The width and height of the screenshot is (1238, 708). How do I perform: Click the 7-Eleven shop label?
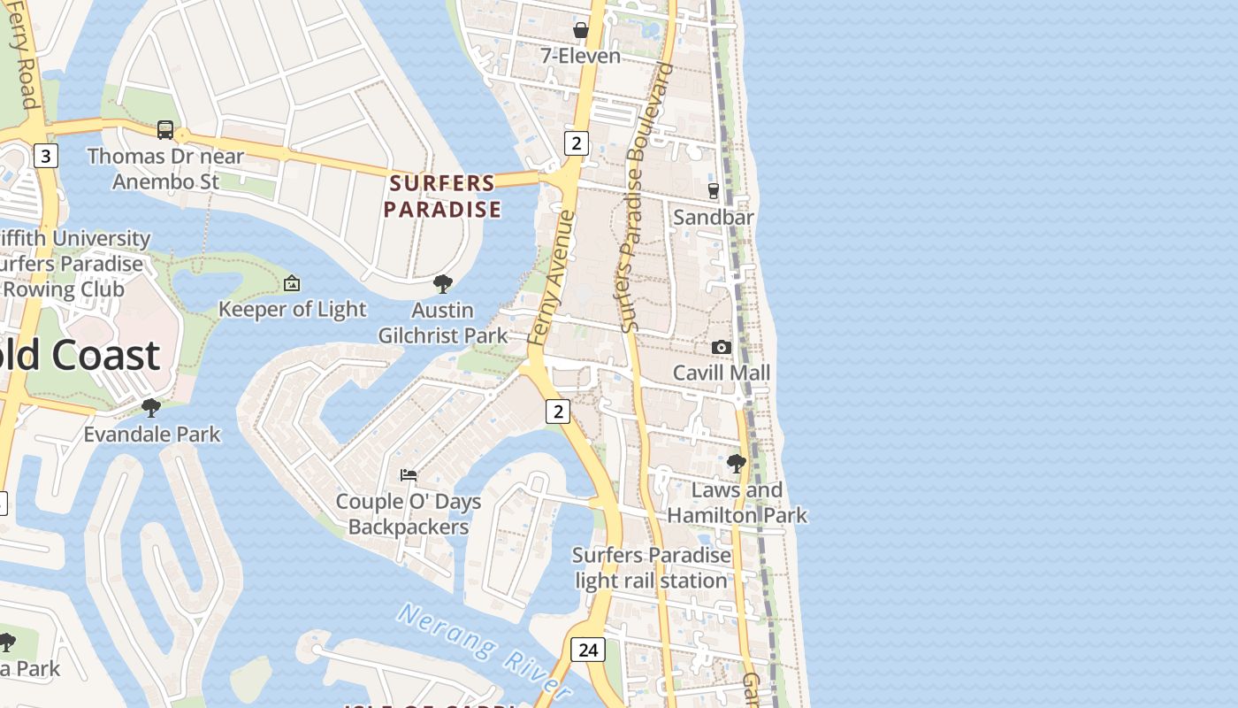coord(580,56)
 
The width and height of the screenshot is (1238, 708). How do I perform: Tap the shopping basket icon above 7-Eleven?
coord(581,30)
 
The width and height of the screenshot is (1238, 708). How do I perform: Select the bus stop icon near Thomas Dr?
coord(165,130)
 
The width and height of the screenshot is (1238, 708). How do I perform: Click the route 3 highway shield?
coord(46,157)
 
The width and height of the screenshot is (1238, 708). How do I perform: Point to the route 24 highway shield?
coord(587,650)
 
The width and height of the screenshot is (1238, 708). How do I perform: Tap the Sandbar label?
coord(713,217)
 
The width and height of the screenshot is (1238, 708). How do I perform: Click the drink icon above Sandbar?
coord(714,190)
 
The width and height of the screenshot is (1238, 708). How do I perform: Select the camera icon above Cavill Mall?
coord(722,347)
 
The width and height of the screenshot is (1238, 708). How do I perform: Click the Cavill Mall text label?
coord(722,373)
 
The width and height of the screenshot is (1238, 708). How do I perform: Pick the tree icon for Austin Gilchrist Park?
coord(443,284)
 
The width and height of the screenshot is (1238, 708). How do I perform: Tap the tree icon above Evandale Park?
coord(151,408)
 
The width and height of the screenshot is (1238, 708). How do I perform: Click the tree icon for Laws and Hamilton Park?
coord(736,463)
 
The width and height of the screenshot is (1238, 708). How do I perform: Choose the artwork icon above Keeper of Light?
coord(292,283)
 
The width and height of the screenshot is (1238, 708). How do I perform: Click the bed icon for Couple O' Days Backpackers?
coord(409,475)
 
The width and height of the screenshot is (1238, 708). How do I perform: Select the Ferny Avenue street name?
coord(551,277)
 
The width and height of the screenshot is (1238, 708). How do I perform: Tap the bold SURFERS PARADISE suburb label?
coord(442,196)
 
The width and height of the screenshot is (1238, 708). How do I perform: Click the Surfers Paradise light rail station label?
coord(652,568)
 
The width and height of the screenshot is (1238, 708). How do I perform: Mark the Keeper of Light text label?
coord(292,309)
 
